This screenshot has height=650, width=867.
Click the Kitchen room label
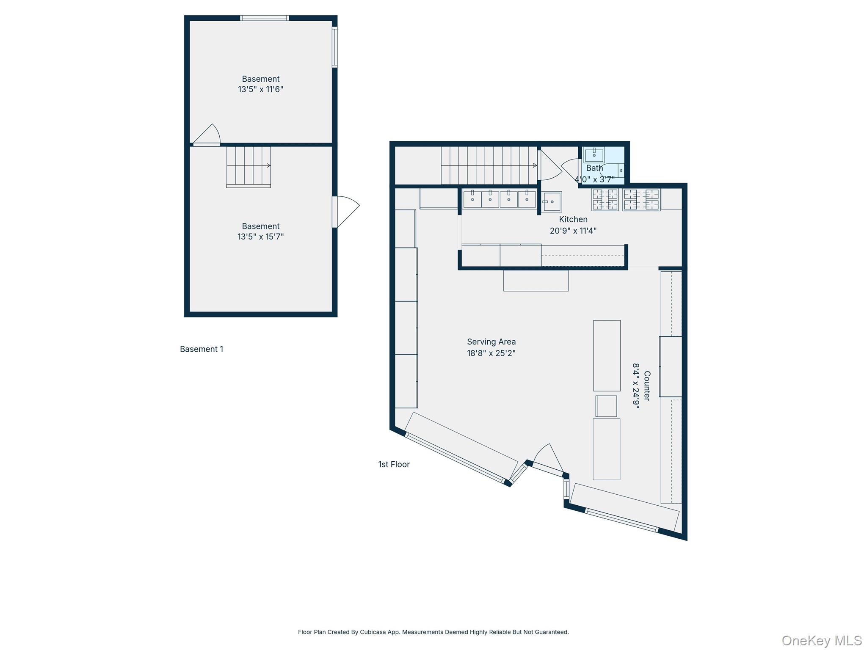(573, 219)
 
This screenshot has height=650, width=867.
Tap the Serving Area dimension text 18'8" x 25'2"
(491, 353)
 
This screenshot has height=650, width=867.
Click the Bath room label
(594, 168)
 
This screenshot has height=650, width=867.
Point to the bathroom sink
(594, 155)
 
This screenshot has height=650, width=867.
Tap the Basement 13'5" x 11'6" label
(260, 84)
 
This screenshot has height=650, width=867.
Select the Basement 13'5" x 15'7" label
(260, 231)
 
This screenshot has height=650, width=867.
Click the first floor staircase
(489, 165)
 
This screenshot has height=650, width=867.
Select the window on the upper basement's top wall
(265, 18)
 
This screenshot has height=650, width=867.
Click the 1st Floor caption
(394, 464)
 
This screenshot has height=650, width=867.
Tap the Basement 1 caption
(202, 349)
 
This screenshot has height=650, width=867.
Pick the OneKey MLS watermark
(821, 640)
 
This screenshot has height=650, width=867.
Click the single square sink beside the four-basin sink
(552, 201)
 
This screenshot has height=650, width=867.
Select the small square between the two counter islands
(606, 406)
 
